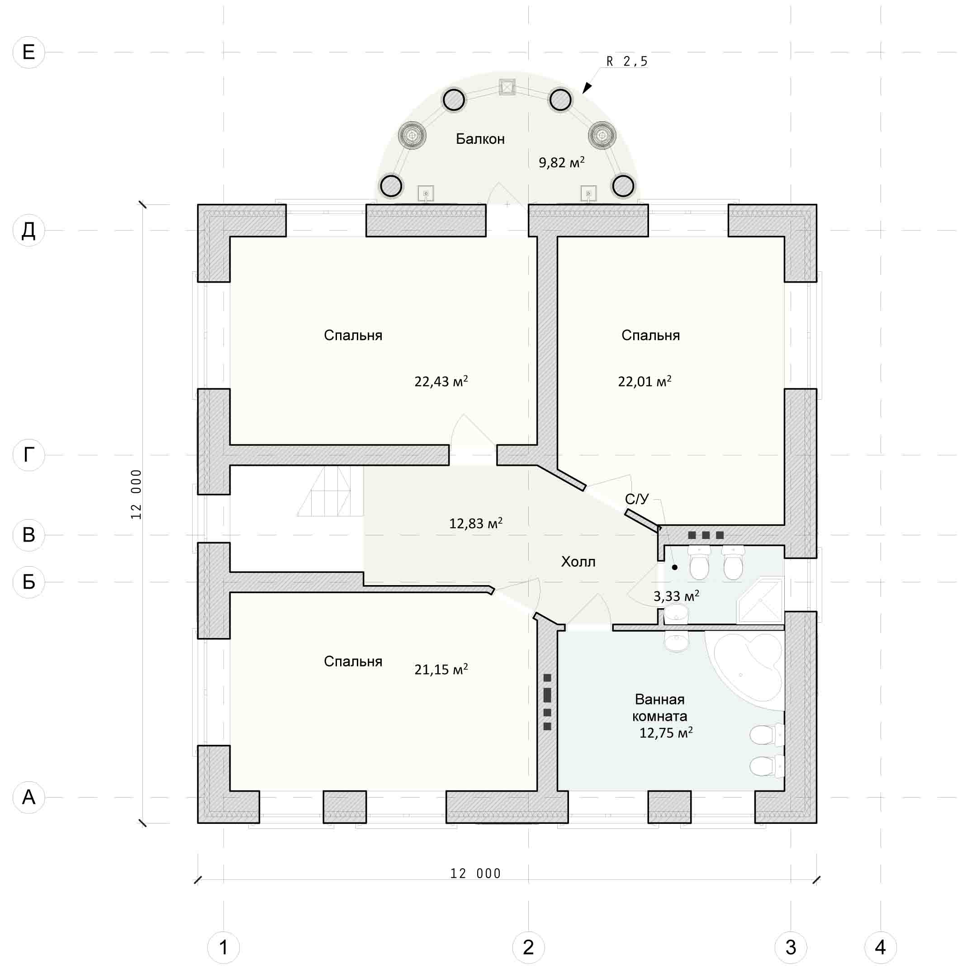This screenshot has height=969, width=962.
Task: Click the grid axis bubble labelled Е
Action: tap(28, 52)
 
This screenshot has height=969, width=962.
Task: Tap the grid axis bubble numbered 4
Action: tap(880, 947)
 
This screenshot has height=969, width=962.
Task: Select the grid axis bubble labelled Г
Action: tap(28, 455)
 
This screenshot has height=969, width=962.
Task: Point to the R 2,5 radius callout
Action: tap(627, 61)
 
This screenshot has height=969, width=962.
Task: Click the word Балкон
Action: tap(480, 139)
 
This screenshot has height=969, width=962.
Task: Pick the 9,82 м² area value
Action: tap(562, 162)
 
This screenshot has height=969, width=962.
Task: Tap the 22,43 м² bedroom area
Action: tap(441, 382)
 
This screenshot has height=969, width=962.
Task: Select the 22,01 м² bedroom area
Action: tap(644, 382)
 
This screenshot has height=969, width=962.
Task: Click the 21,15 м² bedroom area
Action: tap(441, 670)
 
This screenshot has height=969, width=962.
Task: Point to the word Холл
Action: tap(578, 562)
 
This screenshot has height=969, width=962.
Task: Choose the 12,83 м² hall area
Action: tap(475, 524)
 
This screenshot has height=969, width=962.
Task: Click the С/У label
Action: tap(637, 499)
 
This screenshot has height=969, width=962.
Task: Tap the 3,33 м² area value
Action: tap(676, 596)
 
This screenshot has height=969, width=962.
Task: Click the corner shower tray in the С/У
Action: tap(760, 600)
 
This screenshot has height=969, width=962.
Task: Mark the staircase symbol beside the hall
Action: tap(330, 491)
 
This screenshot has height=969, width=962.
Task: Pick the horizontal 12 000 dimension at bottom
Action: tap(475, 874)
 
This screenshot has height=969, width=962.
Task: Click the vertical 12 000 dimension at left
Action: tap(137, 495)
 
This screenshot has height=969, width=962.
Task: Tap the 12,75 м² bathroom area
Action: tap(666, 733)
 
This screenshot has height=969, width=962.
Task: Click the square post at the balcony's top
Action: tap(507, 87)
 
